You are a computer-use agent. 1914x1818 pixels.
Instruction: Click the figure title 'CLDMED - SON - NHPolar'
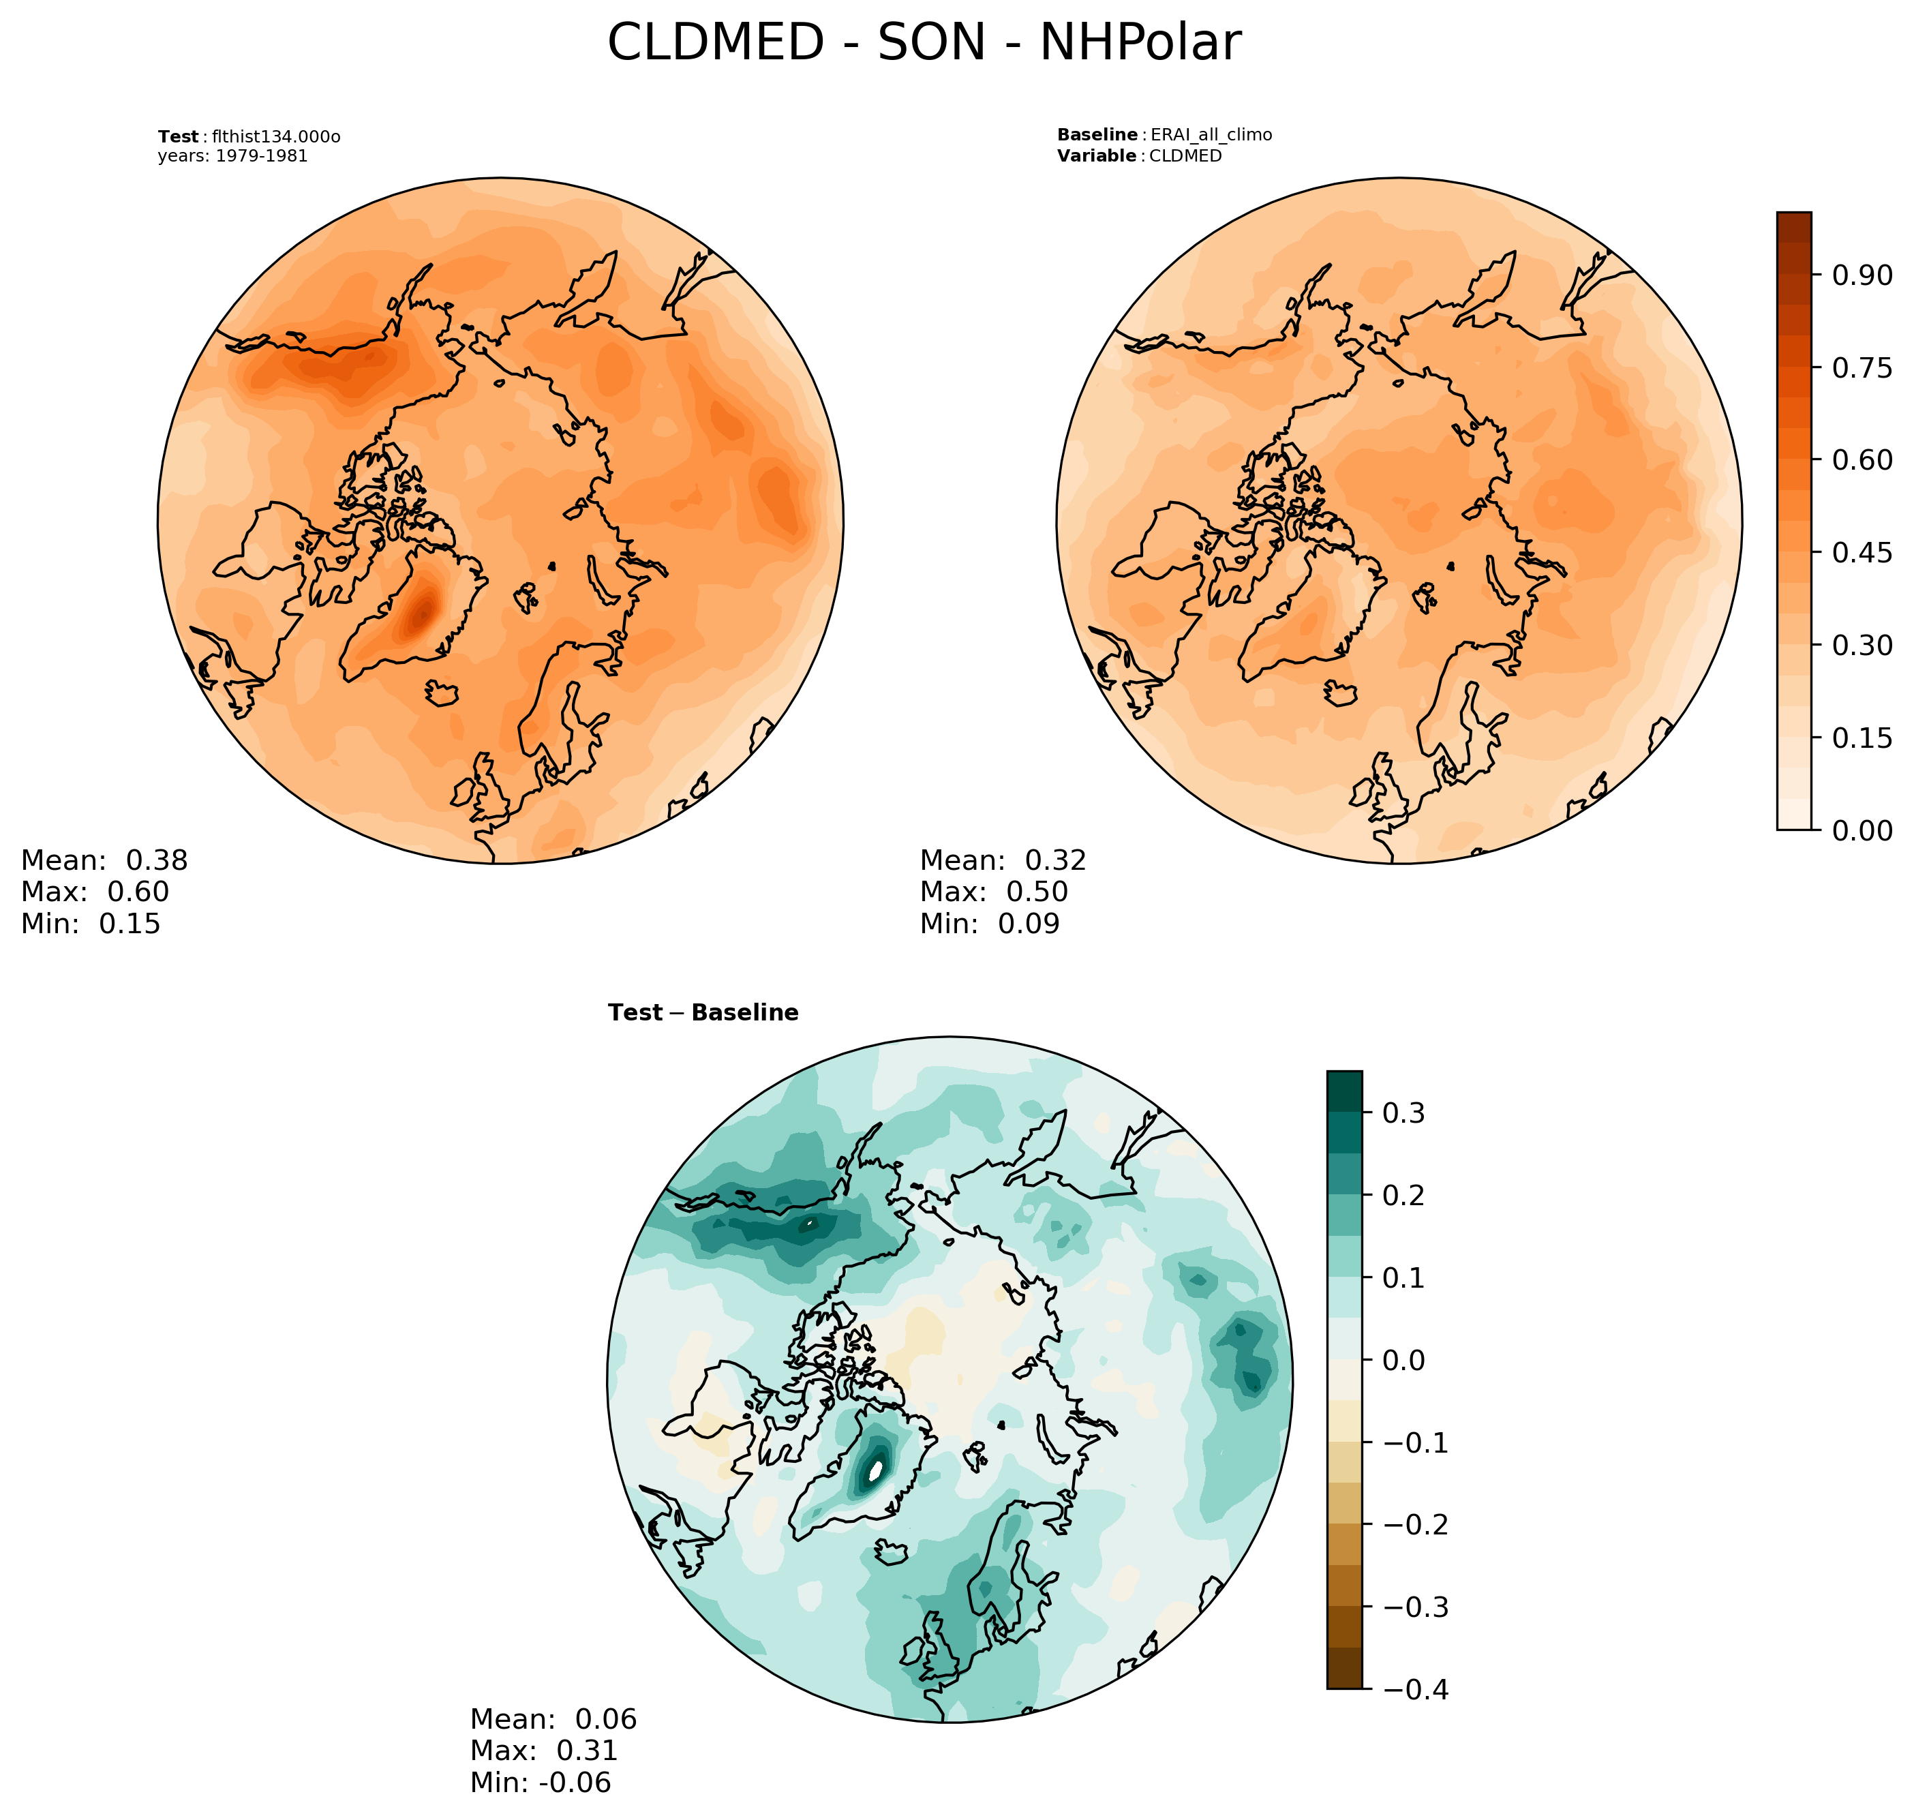click(923, 44)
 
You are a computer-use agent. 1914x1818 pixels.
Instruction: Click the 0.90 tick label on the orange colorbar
click(1861, 275)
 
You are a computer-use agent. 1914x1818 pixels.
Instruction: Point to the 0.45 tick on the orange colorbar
click(1861, 552)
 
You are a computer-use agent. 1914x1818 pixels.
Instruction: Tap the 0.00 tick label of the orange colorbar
click(1861, 830)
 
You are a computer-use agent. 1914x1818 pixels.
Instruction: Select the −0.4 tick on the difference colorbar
click(1416, 1689)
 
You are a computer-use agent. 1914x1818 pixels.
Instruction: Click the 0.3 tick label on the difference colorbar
click(1403, 1112)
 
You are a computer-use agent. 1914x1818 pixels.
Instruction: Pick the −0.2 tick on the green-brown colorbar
click(1416, 1524)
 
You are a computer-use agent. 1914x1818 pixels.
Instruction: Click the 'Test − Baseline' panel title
click(703, 1013)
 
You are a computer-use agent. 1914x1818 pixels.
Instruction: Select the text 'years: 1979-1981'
click(232, 156)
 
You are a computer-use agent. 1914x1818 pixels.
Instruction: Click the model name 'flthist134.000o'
click(276, 136)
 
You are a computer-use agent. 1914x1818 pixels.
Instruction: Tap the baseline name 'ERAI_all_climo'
click(1211, 135)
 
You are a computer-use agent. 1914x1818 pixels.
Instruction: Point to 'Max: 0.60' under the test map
click(95, 892)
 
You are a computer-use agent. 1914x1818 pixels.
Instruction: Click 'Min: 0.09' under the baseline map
click(990, 924)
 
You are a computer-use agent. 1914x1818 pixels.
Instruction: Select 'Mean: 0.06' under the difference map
click(553, 1719)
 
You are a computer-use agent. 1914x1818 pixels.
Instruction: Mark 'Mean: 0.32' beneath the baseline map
click(1003, 860)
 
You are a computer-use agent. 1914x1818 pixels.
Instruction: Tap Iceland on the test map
click(441, 693)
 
